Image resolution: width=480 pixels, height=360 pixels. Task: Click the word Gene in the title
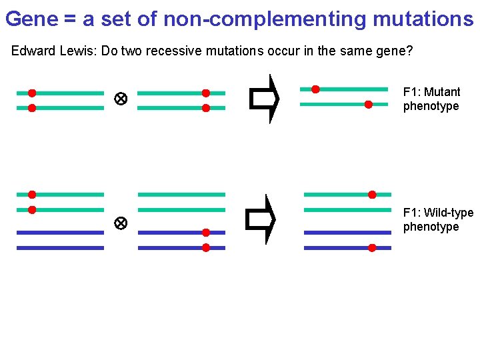point(31,19)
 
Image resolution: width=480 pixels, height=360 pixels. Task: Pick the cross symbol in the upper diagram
point(121,99)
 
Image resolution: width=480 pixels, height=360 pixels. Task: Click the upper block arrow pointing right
point(264,99)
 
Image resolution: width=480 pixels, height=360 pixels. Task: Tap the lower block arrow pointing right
point(261,219)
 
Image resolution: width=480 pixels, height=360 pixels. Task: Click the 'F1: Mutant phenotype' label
point(431,99)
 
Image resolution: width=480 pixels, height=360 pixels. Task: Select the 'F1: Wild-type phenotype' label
point(438,219)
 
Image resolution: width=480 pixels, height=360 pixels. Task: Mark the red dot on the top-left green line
point(31,93)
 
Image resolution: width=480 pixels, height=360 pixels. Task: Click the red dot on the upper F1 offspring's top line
point(315,89)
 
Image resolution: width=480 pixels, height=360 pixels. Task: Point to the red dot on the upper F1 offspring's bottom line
point(368,104)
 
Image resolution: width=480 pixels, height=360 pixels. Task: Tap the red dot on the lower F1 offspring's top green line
point(372,195)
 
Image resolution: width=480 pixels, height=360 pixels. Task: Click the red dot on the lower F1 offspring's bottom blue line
point(372,247)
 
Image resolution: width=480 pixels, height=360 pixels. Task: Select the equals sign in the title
point(71,19)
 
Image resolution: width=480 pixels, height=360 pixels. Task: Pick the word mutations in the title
point(423,19)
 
